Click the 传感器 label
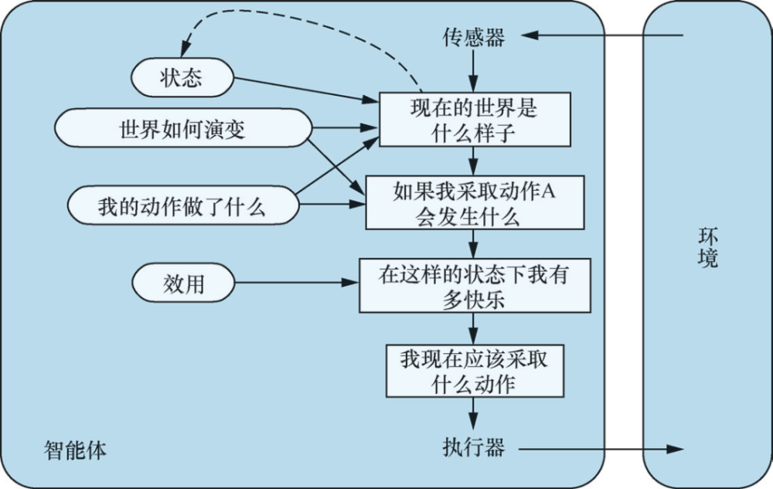[474, 37]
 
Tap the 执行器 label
[474, 447]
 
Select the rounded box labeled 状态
[182, 77]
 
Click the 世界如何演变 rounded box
[183, 128]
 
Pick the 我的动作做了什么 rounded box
[183, 205]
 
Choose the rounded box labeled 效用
[183, 283]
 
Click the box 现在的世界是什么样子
[475, 119]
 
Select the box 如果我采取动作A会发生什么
[475, 202]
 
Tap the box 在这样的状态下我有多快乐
[475, 286]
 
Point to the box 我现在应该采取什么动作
[475, 371]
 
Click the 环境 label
[708, 248]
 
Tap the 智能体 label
[75, 450]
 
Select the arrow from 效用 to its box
[297, 283]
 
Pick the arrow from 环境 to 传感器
[602, 36]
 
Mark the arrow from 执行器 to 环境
[601, 449]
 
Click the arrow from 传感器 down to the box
[473, 70]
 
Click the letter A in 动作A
[548, 191]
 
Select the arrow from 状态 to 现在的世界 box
[306, 90]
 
